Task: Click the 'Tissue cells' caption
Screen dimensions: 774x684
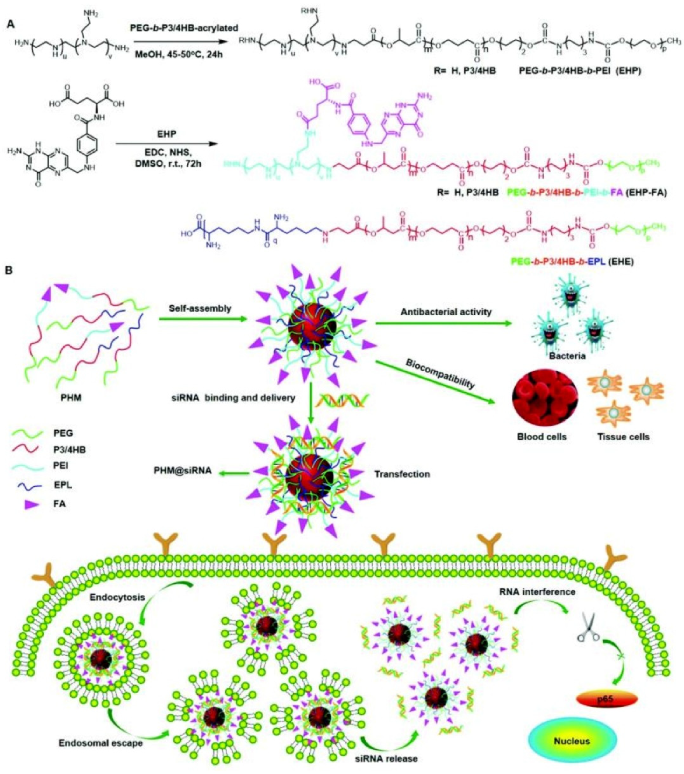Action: pos(623,437)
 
